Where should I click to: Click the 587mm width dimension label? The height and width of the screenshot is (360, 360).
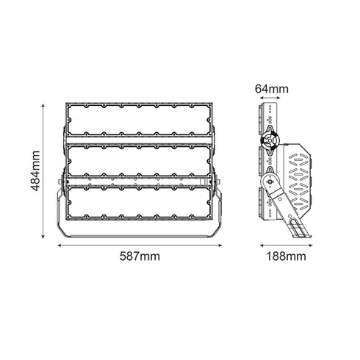click(x=140, y=256)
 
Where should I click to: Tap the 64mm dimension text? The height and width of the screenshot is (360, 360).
click(x=272, y=89)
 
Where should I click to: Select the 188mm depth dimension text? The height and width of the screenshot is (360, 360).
click(x=286, y=256)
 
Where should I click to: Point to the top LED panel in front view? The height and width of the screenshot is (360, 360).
click(x=140, y=118)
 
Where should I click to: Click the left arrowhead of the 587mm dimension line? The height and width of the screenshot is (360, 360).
click(x=60, y=245)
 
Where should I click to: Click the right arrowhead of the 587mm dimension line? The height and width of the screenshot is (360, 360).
click(x=221, y=245)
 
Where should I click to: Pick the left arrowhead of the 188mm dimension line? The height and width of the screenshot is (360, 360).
click(x=260, y=245)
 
